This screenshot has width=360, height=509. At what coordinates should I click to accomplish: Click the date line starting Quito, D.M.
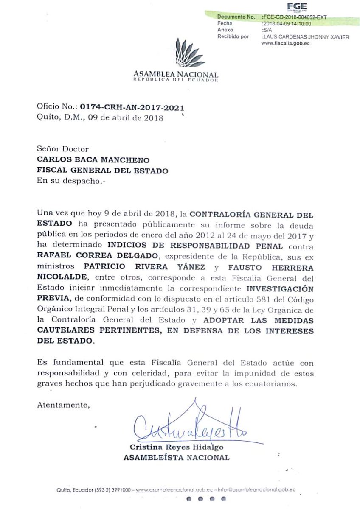[100, 118]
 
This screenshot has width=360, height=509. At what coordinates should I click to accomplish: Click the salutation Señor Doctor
[63, 149]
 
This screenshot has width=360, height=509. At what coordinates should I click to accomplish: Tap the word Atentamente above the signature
[63, 405]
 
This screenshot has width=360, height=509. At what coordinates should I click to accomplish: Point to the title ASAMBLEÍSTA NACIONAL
[176, 458]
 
